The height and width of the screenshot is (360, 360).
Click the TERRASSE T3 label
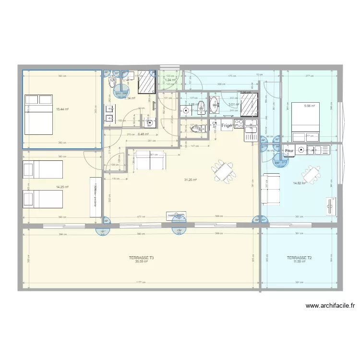[x=142, y=258]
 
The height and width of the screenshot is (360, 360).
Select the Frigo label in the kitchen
[x=227, y=126]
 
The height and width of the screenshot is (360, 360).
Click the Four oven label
[x=289, y=151]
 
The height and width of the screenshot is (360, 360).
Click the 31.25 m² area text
[x=191, y=180]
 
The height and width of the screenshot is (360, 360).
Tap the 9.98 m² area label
[x=309, y=106]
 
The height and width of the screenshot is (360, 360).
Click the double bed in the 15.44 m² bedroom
[x=39, y=114]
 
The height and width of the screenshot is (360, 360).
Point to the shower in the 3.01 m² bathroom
[x=250, y=105]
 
